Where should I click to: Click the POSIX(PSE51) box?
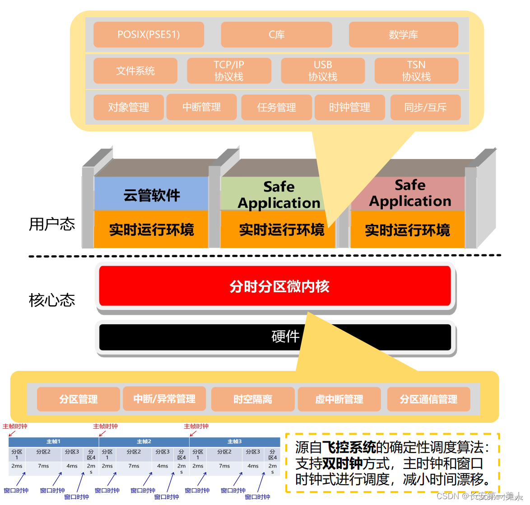[x=149, y=35]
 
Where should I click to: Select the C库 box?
[x=276, y=35]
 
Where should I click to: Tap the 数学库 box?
[x=403, y=35]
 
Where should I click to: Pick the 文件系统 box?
[x=135, y=71]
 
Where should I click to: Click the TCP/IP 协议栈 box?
[x=229, y=71]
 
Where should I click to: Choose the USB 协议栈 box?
[x=323, y=71]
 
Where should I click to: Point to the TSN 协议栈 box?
[x=416, y=71]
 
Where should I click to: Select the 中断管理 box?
[x=201, y=107]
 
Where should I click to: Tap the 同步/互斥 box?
[x=425, y=108]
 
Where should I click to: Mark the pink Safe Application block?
[x=409, y=193]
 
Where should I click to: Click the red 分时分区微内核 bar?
[x=275, y=286]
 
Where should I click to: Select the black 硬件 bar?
[x=275, y=337]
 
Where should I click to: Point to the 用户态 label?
[x=52, y=224]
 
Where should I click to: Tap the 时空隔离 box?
[x=253, y=399]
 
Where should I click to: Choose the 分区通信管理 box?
[x=428, y=399]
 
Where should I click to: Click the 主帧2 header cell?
[x=144, y=441]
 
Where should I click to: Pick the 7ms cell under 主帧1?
[x=43, y=466]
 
